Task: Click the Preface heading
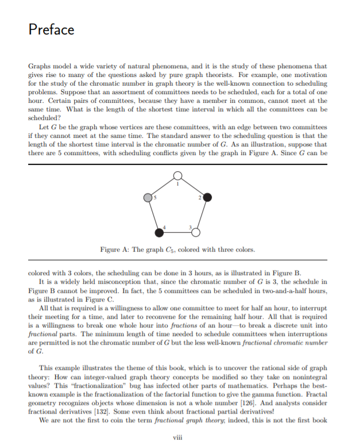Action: pos(52,30)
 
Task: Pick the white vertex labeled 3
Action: pos(196,232)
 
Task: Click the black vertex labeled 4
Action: pos(160,232)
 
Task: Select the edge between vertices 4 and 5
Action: pos(154,214)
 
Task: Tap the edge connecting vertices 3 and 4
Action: pos(177,232)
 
